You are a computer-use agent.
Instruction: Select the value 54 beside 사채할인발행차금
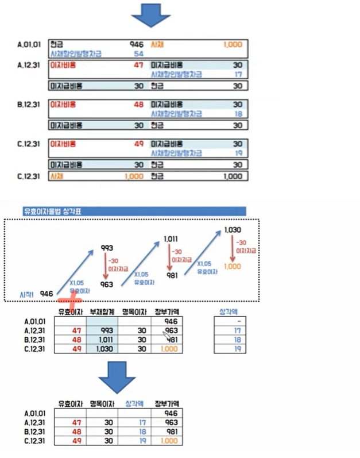click(138, 53)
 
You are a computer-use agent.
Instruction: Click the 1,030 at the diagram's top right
click(233, 230)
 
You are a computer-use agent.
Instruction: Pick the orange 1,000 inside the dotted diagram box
click(232, 266)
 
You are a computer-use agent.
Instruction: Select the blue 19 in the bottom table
click(144, 440)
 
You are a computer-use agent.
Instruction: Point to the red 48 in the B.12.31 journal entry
click(138, 105)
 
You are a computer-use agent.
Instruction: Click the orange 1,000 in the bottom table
click(170, 440)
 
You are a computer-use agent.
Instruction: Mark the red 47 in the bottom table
click(76, 422)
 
